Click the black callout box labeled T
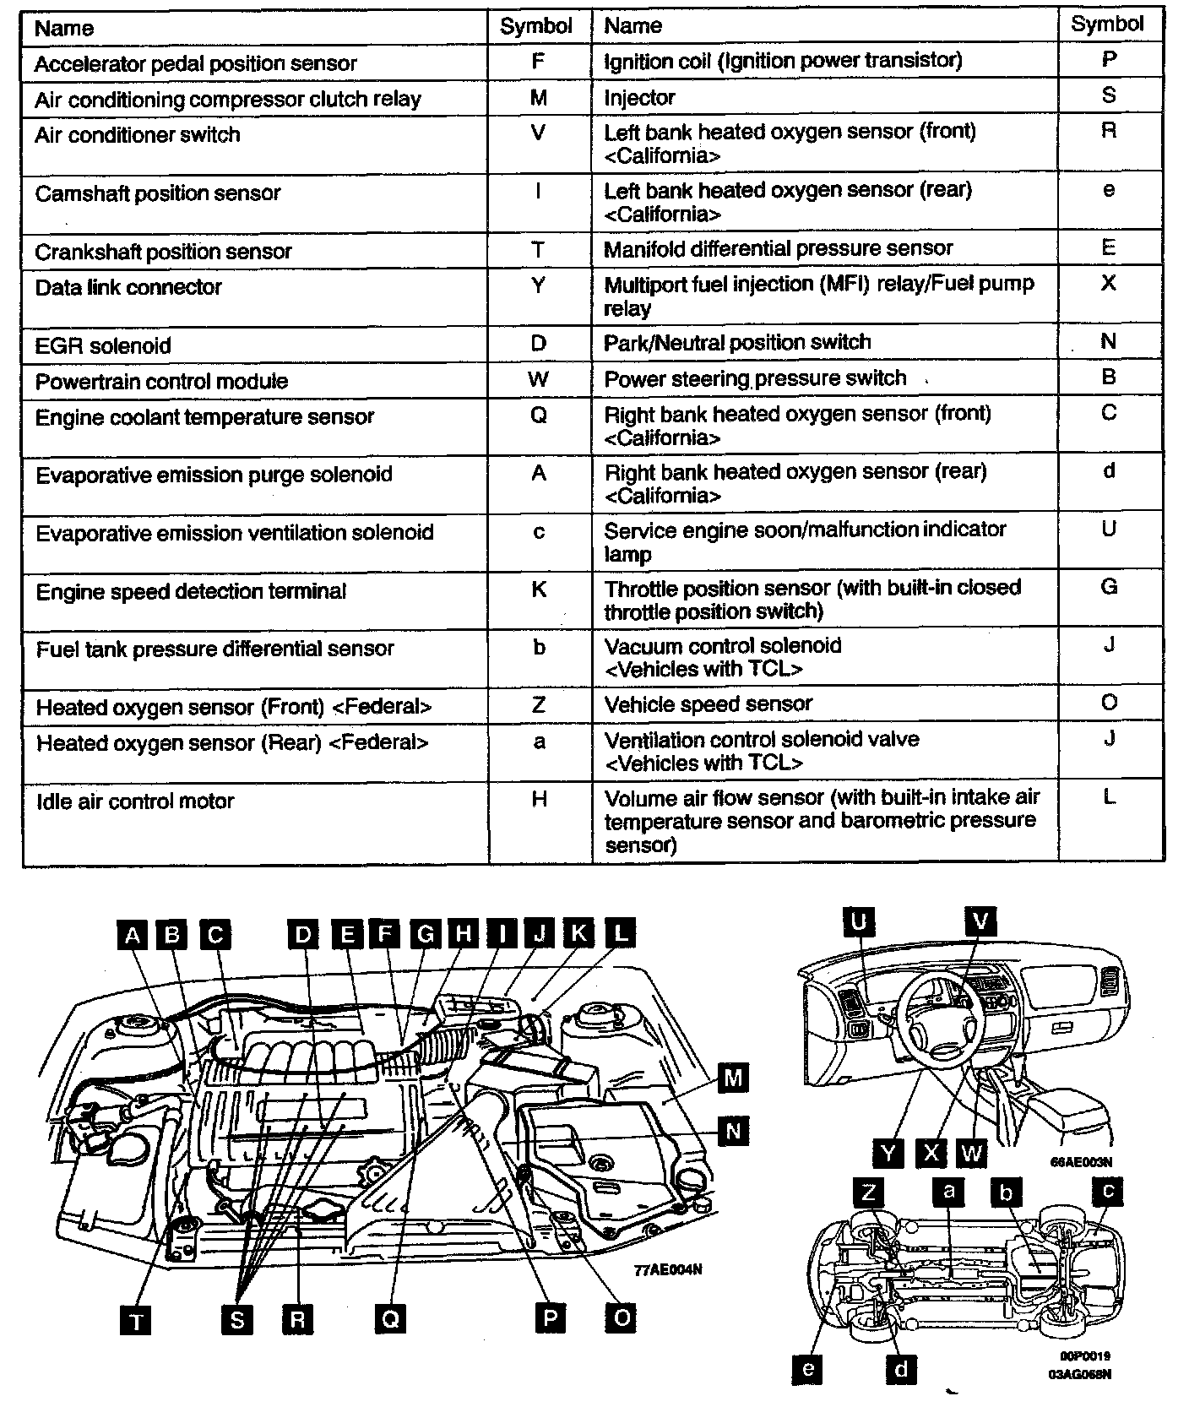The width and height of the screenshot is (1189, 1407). [x=136, y=1319]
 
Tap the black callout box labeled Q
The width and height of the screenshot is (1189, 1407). [x=389, y=1318]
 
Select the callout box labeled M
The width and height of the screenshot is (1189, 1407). [x=732, y=1078]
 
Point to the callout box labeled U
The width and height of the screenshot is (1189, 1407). [x=859, y=921]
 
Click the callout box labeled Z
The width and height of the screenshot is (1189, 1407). [x=868, y=1192]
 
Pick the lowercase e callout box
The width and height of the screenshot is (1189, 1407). [x=808, y=1368]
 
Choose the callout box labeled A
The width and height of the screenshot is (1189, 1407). [x=132, y=934]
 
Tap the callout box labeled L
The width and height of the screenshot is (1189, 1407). [x=621, y=933]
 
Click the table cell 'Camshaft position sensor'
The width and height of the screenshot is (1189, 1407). [x=158, y=193]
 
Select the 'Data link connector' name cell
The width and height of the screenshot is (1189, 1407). [x=128, y=287]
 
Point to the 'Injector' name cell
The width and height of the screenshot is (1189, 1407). [x=639, y=98]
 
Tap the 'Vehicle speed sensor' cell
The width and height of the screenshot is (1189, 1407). [x=708, y=703]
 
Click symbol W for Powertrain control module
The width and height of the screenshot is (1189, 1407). [x=538, y=380]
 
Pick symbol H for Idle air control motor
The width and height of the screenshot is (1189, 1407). [x=539, y=799]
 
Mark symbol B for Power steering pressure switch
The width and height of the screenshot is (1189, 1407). [x=1109, y=377]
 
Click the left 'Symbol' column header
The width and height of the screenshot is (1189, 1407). [x=536, y=26]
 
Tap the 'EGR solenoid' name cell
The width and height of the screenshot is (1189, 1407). [x=103, y=345]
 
